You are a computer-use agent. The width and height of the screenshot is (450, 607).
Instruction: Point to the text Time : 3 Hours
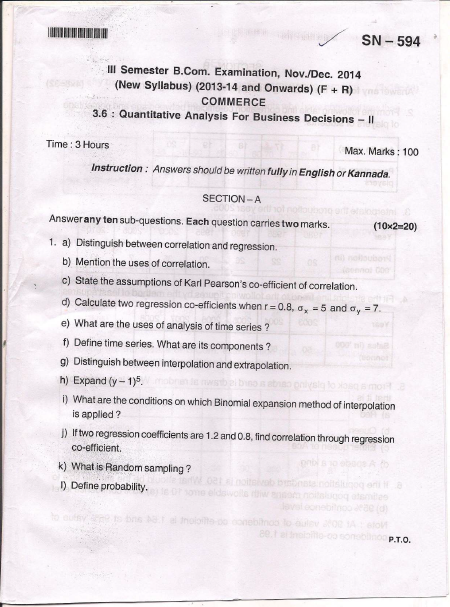click(78, 145)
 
